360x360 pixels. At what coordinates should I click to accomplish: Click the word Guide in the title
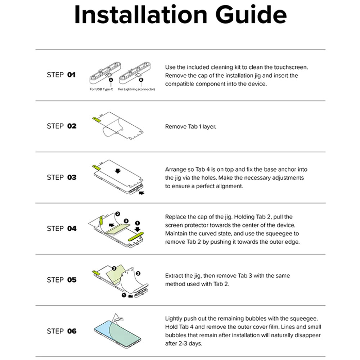(251, 15)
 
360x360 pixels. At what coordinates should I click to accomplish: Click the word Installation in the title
(141, 14)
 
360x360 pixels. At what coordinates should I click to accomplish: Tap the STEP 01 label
(61, 75)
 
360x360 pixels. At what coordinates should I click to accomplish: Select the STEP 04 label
(62, 229)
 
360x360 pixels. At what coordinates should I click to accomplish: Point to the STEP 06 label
(62, 331)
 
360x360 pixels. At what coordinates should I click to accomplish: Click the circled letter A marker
(111, 80)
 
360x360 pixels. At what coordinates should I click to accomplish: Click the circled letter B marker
(141, 80)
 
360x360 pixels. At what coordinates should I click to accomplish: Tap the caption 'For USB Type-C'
(101, 89)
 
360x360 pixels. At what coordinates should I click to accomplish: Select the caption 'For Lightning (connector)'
(136, 89)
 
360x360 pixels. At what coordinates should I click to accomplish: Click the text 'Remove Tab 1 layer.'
(190, 127)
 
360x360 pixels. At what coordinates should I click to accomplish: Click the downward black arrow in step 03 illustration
(118, 171)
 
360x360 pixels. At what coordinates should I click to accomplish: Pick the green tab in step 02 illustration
(96, 119)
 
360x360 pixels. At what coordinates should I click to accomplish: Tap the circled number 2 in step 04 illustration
(118, 214)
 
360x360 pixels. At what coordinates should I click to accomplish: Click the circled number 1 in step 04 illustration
(137, 223)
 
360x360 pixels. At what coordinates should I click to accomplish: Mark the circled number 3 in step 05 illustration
(114, 269)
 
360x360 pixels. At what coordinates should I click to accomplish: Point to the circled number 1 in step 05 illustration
(124, 295)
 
